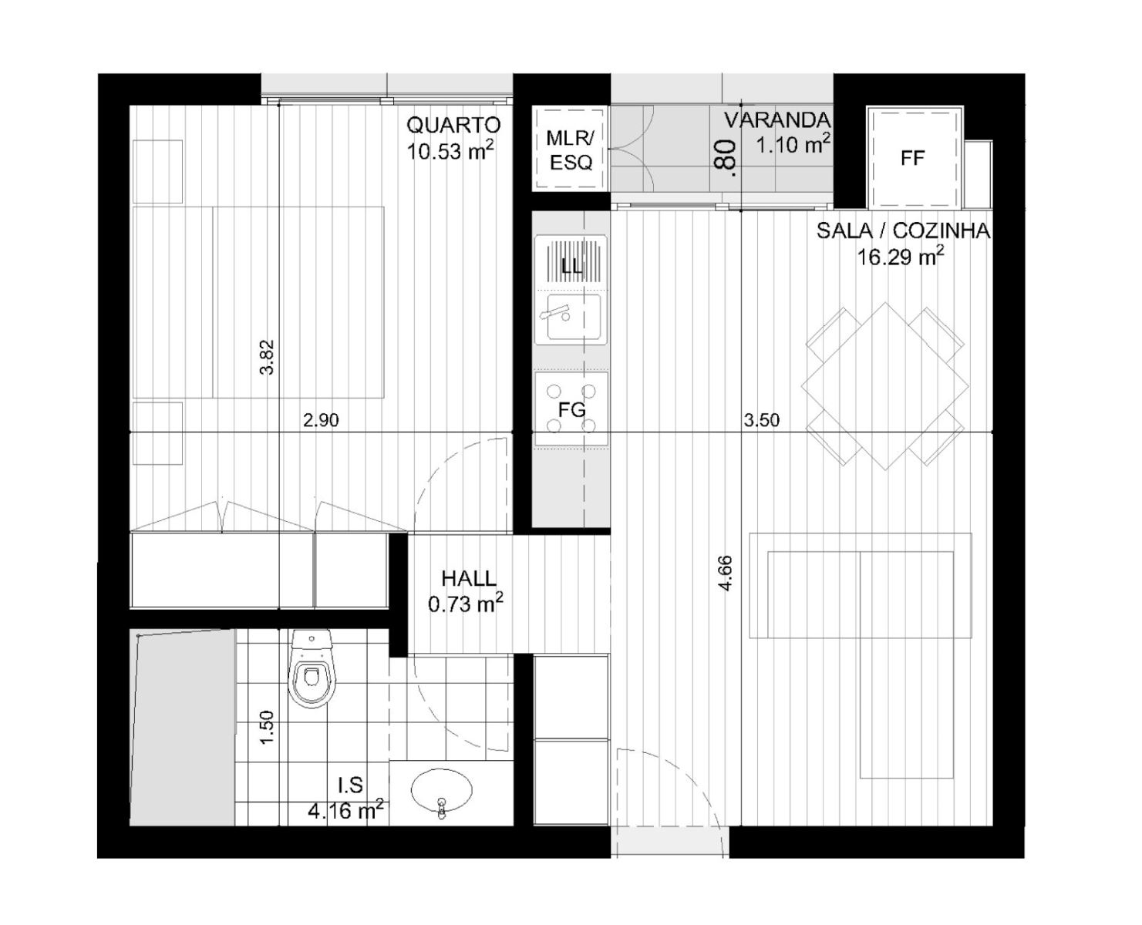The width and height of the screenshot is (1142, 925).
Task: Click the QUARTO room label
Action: point(453,125)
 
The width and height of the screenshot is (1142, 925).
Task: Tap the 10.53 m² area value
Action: point(450,151)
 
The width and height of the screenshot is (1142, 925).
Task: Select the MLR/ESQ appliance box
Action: point(571,149)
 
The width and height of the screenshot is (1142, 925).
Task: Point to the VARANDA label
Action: point(777,120)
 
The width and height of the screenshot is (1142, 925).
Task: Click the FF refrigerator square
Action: point(913,158)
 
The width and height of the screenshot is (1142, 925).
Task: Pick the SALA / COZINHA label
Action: point(904,230)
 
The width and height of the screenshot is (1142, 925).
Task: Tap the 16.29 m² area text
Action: point(901,257)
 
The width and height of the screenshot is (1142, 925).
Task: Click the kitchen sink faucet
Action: point(554,312)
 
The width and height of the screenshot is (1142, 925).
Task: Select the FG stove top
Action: point(571,409)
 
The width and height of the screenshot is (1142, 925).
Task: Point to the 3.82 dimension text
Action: point(267,357)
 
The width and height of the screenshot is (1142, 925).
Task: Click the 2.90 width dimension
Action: point(321,420)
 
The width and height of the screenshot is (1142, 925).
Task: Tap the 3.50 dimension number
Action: point(761,420)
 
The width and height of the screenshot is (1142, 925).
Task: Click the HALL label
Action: point(469,579)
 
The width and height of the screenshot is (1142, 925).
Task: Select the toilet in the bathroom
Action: point(312,668)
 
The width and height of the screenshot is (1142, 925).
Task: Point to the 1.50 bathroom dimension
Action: point(267,727)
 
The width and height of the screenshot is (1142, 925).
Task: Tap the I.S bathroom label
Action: point(351,785)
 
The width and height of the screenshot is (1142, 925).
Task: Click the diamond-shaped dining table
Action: point(885,386)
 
